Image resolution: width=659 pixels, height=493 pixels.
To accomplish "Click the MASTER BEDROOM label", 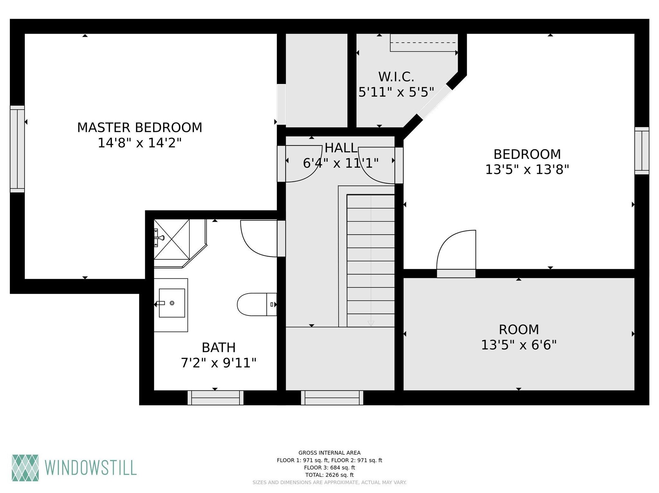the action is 140,127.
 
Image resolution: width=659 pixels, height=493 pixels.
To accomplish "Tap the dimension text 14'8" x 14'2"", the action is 140,143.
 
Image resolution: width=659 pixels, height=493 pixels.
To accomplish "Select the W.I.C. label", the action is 396,77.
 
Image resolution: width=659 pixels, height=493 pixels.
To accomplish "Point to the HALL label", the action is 341,148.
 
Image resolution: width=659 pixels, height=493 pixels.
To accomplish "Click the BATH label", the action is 219,347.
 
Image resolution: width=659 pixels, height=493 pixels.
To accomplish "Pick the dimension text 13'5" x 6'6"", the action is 519,345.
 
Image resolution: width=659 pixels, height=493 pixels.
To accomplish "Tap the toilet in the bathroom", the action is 257,304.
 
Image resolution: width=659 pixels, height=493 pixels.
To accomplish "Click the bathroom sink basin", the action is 172,303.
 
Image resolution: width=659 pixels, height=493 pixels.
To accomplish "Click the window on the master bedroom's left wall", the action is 17,149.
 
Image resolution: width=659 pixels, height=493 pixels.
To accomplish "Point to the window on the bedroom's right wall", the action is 642,151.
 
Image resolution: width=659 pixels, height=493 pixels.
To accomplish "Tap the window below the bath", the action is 215,398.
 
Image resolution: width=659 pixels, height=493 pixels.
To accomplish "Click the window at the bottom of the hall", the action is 332,398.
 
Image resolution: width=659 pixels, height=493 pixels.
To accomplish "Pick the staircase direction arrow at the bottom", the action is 371,323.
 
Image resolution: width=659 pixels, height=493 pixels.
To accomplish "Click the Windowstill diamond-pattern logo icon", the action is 25,468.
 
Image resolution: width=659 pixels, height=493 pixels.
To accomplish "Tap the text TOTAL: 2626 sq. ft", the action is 329,475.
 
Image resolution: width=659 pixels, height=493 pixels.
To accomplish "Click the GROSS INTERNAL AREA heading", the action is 329,453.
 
